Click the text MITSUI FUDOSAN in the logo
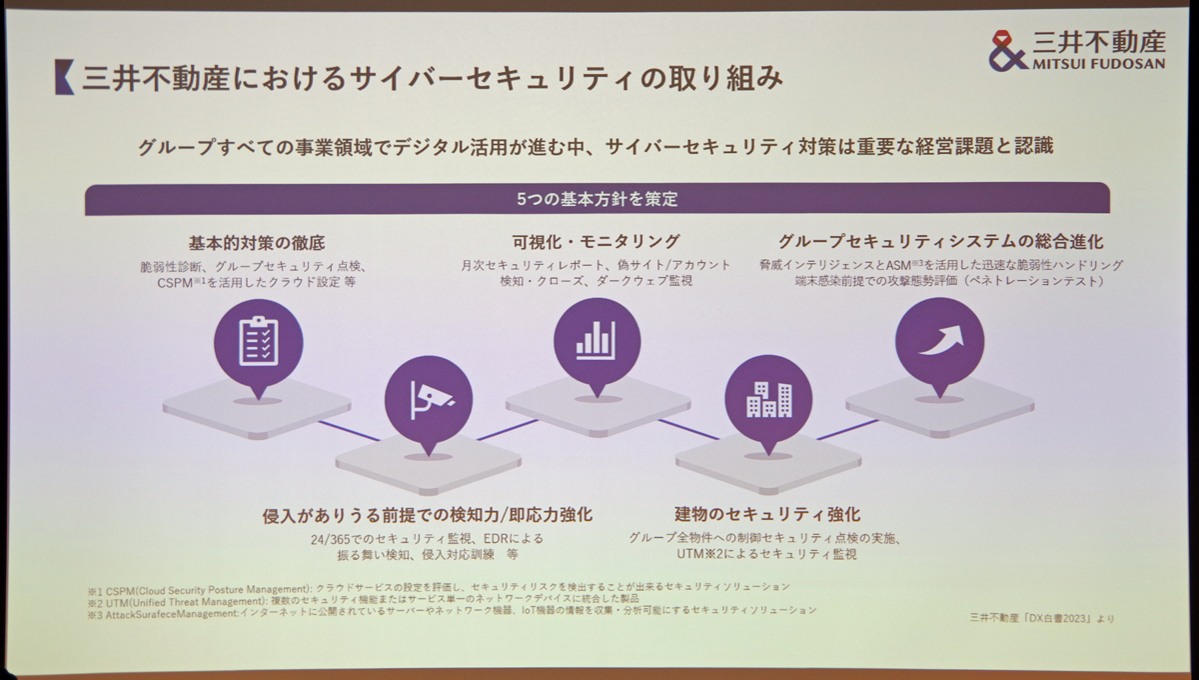[x=1099, y=64]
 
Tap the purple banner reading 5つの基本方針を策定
[x=598, y=199]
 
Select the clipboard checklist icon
[x=259, y=341]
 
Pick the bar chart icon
[x=596, y=340]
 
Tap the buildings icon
[x=769, y=399]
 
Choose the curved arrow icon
[x=941, y=339]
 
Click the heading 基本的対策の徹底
[x=257, y=243]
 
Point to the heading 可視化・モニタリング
[x=597, y=242]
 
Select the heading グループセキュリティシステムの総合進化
[x=940, y=242]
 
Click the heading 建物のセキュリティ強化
[x=767, y=514]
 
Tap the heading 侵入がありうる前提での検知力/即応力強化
[x=428, y=515]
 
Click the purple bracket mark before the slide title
[x=64, y=77]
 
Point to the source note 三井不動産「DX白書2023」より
[x=1041, y=618]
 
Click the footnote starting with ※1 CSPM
[x=439, y=588]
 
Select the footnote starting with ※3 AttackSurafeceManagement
[x=453, y=612]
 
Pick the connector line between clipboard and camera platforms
[x=350, y=431]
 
